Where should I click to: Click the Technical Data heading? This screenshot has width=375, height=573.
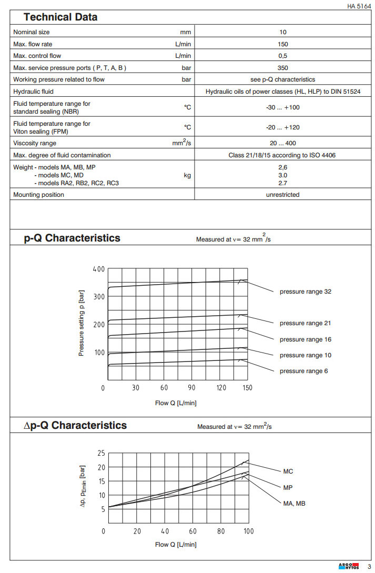60,17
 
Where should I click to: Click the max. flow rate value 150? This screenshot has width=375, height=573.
283,44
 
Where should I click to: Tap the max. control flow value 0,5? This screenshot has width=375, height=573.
283,56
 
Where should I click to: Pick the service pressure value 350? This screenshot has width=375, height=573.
283,68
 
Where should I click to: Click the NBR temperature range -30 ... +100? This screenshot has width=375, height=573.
283,107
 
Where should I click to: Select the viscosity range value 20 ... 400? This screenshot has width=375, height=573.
283,143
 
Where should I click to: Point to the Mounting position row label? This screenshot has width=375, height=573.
38,195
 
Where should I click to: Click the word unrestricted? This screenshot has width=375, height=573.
283,195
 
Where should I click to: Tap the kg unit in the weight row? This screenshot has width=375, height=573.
187,175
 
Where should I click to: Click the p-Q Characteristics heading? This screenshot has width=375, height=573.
72,238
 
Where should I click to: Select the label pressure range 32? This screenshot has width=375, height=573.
305,291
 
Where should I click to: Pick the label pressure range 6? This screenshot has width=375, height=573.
303,371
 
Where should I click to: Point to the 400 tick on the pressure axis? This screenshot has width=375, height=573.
98,269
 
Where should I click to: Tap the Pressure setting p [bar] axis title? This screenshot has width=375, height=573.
82,325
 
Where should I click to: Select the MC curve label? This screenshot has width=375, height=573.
288,471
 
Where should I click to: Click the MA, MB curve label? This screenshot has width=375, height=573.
294,504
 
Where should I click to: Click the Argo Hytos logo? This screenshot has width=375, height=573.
348,566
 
